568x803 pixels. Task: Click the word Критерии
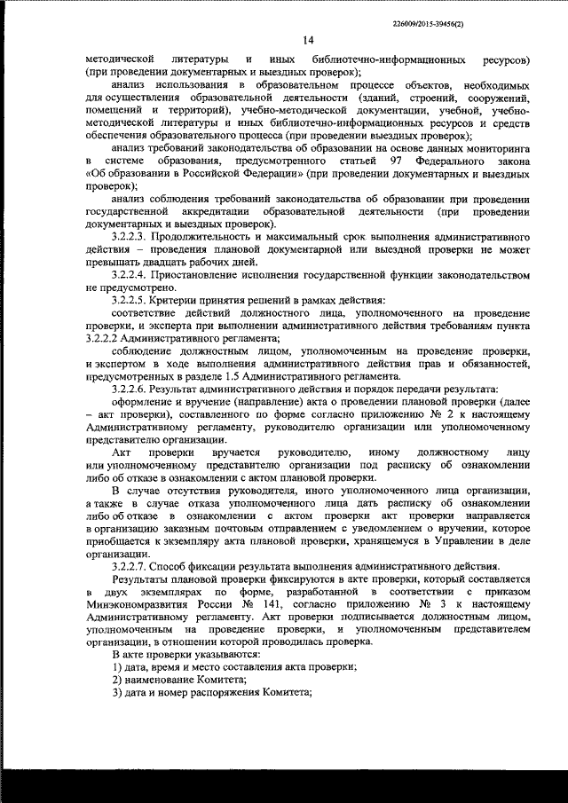[x=184, y=302]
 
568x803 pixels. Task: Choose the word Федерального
[x=455, y=161]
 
